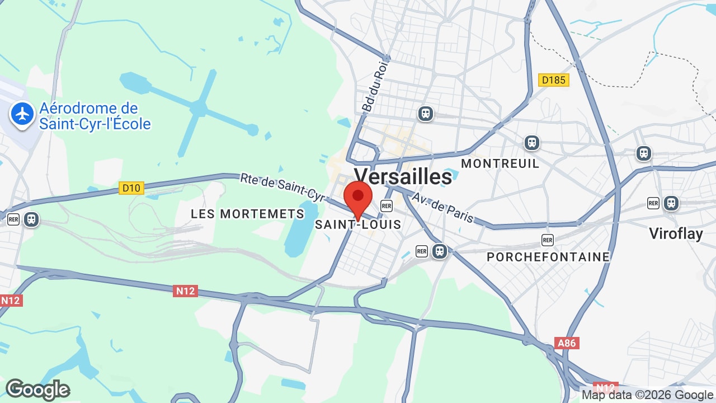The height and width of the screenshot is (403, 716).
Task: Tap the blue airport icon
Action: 22,114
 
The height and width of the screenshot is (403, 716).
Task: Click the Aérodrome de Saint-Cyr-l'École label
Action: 95,116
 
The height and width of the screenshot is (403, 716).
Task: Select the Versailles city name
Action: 403,176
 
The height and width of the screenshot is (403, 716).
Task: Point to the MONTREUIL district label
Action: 500,163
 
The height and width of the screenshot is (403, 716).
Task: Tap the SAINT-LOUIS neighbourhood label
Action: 358,224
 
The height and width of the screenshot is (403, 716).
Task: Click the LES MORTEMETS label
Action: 247,214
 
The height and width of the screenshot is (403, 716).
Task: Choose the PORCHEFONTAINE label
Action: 548,257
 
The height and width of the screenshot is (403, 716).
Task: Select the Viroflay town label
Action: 676,233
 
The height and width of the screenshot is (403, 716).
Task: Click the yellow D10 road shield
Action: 131,188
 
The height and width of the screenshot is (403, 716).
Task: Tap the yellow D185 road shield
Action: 554,80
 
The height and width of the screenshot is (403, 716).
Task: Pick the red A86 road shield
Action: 566,343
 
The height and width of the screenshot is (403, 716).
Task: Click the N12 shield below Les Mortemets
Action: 185,290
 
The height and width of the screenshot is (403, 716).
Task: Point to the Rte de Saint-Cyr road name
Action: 282,187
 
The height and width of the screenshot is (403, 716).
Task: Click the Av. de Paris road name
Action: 442,207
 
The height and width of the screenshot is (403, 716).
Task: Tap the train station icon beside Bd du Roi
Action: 426,114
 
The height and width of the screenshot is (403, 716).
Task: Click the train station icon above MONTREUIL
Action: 531,143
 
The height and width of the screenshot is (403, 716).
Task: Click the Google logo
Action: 38,390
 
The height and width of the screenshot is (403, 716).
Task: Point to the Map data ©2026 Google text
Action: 647,395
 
